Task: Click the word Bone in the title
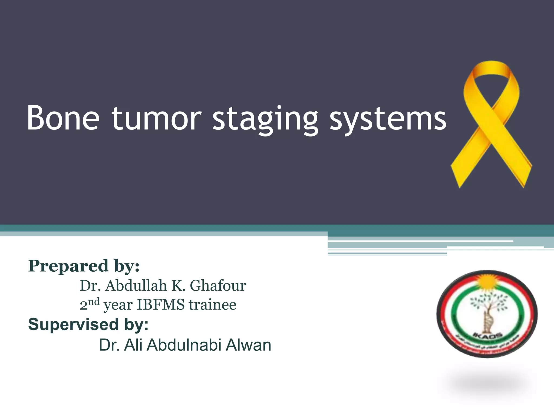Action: (63, 118)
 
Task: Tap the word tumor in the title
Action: (156, 118)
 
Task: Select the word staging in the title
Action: (265, 119)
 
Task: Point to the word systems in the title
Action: (387, 119)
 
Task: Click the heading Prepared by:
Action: (84, 266)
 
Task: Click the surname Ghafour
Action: (218, 285)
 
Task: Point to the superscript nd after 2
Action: (94, 302)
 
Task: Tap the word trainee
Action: (212, 305)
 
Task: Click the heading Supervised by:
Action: (88, 324)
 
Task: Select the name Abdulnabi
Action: (184, 345)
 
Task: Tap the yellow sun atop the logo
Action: (487, 282)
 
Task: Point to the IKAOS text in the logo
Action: (487, 336)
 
